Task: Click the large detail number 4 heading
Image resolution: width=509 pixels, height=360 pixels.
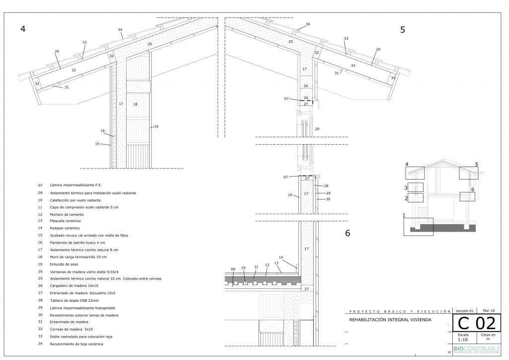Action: pos(22,29)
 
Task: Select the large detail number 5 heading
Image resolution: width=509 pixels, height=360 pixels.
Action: pos(403,30)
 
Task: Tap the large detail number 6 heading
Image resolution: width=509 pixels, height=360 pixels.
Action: pos(348,232)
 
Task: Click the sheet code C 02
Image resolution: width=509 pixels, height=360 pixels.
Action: pos(476,323)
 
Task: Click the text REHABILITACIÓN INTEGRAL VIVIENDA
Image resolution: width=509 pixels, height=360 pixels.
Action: pos(391,320)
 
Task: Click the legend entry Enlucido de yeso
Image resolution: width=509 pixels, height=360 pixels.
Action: pos(65,264)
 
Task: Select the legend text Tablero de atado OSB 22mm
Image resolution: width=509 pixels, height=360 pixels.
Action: pos(74,300)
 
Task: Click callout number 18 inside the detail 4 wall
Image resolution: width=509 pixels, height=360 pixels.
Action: pos(135,104)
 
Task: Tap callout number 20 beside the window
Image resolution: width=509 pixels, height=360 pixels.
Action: pos(317,129)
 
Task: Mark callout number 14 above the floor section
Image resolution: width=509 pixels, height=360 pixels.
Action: pos(281,258)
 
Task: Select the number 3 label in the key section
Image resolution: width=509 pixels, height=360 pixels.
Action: pos(406,188)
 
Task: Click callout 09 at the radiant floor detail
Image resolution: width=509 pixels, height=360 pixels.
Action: pos(233,270)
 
